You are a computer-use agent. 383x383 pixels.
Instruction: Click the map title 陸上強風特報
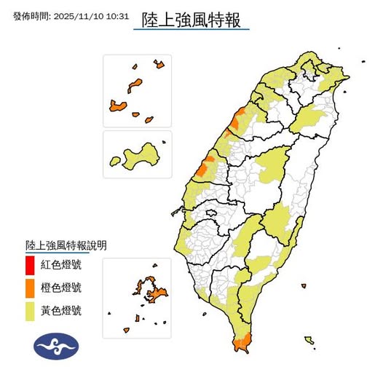(x=191, y=15)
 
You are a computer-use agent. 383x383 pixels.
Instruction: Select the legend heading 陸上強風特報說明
(x=66, y=245)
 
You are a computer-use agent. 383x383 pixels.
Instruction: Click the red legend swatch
(x=30, y=264)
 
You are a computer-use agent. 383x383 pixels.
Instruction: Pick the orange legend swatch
(x=30, y=288)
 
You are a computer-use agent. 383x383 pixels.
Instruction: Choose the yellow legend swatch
(x=30, y=312)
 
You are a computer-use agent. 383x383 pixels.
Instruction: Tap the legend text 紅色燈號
(x=62, y=264)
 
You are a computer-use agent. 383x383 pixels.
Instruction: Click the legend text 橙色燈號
(x=62, y=288)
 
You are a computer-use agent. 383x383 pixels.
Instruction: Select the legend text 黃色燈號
(x=62, y=312)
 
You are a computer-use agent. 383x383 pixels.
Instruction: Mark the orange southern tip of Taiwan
(x=241, y=341)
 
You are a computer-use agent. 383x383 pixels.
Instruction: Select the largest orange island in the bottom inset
(x=157, y=293)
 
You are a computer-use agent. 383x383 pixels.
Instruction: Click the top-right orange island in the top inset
(x=159, y=65)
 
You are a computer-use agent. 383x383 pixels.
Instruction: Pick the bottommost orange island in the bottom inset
(x=137, y=318)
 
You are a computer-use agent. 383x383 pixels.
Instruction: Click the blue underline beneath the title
(x=191, y=29)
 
